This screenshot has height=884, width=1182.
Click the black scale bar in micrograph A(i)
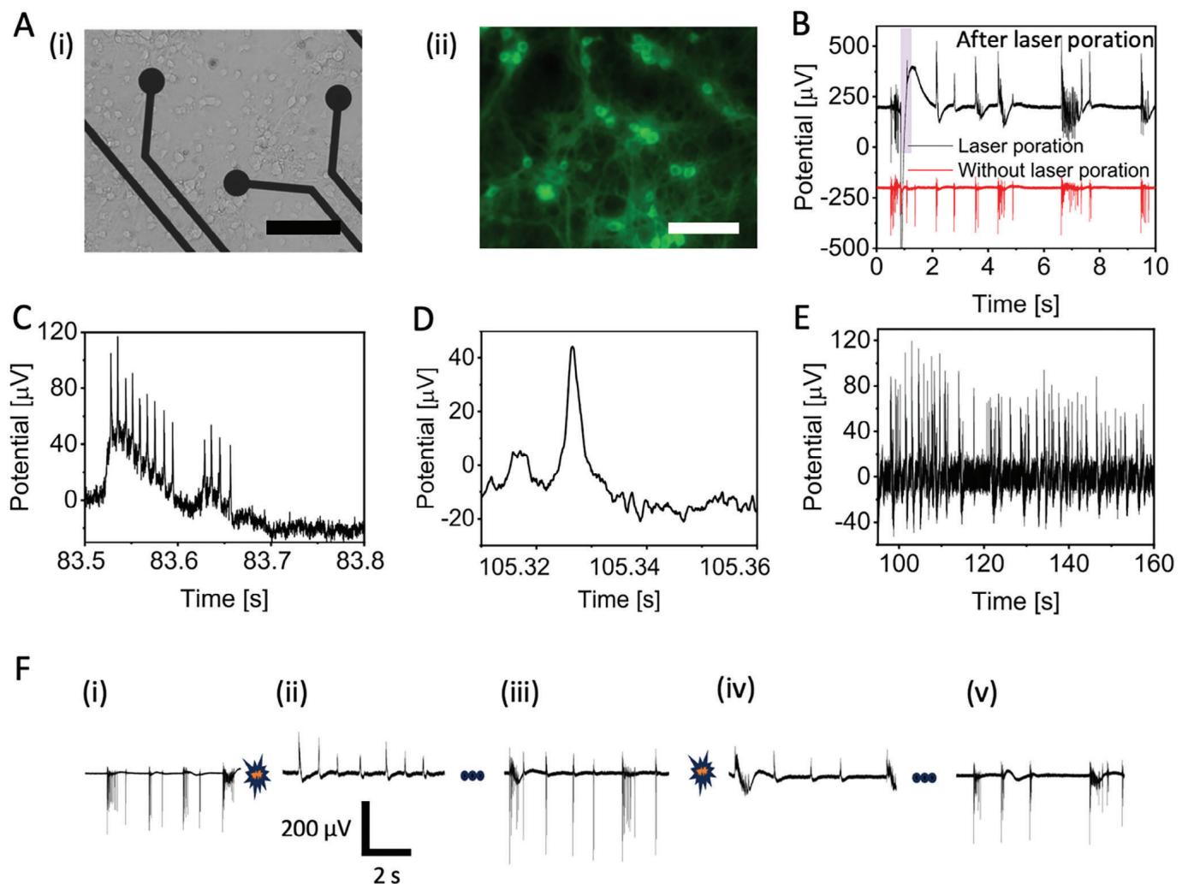click(303, 227)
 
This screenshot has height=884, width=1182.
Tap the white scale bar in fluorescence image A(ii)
click(703, 228)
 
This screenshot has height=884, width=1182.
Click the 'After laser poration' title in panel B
click(1054, 39)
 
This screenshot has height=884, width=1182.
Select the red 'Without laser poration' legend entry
click(1053, 169)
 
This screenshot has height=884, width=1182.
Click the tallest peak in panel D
click(572, 348)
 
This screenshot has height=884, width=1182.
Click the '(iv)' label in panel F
click(735, 689)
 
